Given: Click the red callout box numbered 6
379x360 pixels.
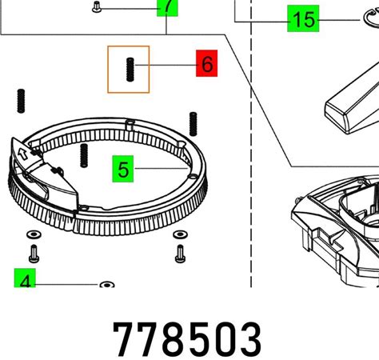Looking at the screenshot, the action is pos(207,63).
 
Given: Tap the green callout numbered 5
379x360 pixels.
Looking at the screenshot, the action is pos(123,169).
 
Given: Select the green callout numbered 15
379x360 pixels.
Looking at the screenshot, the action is pos(303,18).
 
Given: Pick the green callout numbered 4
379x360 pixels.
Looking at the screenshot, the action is pos(25,278).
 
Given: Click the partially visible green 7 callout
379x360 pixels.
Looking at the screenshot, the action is pos(167,8).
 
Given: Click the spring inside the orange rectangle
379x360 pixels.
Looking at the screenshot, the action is pos(130,70).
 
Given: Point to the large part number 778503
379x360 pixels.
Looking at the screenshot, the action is pos(187,339).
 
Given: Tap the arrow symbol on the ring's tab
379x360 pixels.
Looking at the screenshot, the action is pos(23,154).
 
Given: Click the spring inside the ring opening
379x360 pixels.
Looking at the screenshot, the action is pos(84,155).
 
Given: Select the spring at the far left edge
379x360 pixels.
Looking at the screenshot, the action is pos(21,101).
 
